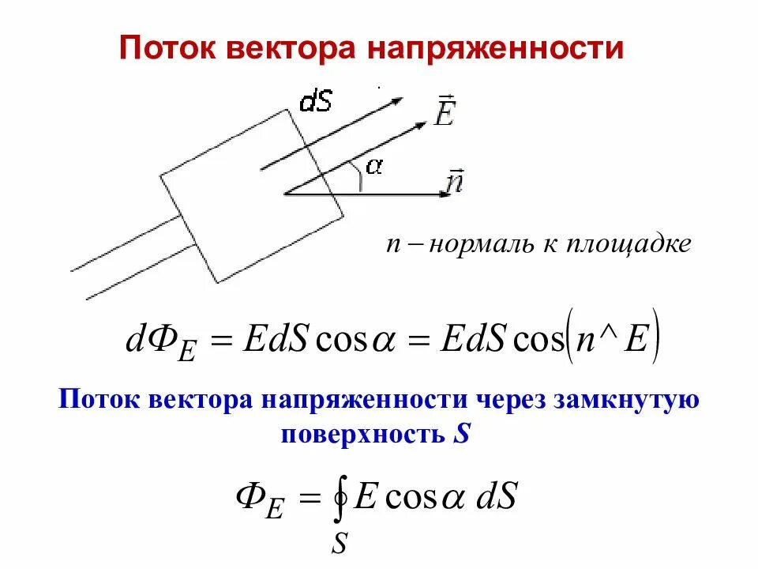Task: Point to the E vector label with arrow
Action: [444, 111]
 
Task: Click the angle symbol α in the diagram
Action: [373, 166]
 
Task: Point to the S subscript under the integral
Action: [340, 543]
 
